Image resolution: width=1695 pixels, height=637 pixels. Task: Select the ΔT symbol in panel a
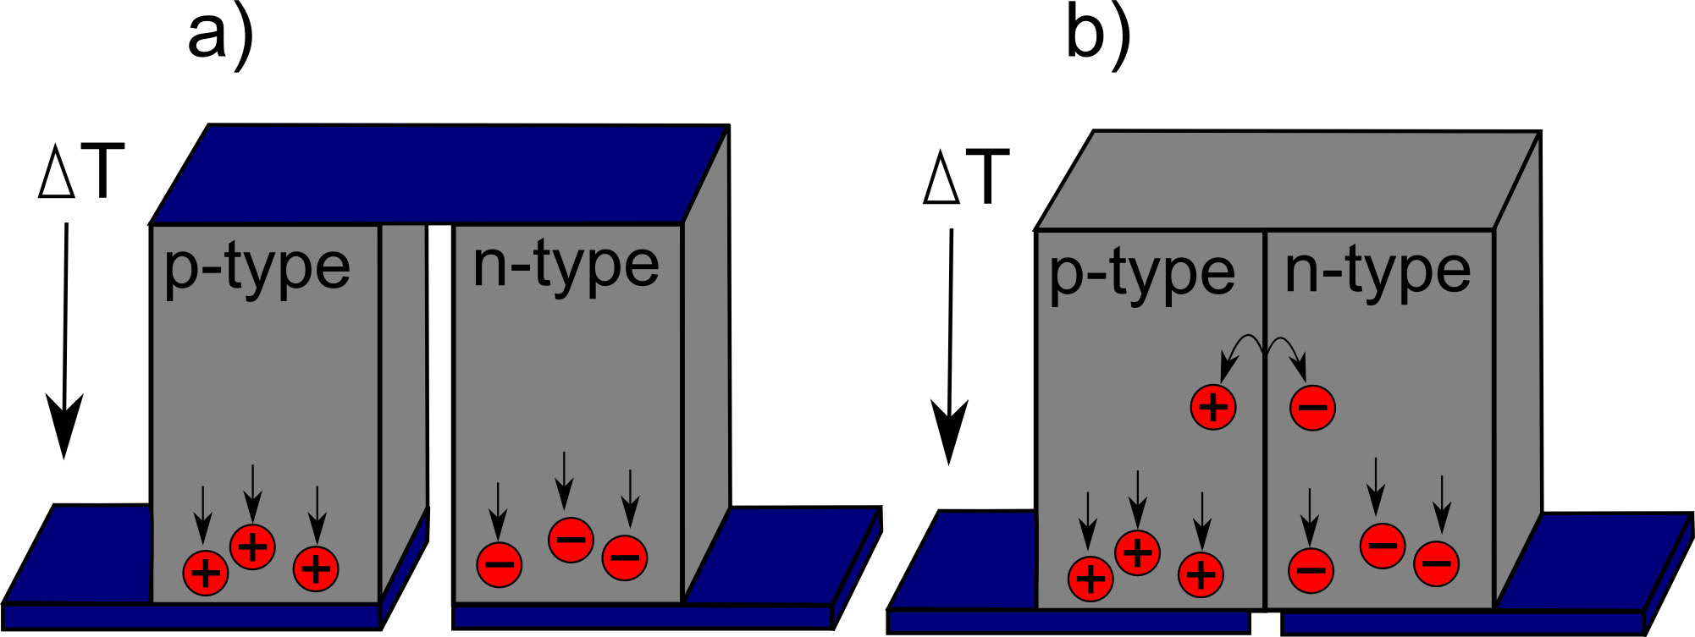click(x=81, y=173)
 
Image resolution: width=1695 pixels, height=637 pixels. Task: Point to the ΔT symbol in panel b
click(x=966, y=178)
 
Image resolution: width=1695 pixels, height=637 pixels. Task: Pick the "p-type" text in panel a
click(x=257, y=268)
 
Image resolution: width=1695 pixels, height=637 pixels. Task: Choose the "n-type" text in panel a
click(x=566, y=266)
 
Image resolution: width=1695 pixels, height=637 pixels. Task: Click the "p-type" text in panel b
click(x=1141, y=274)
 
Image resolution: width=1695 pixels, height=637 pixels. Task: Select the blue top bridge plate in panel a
click(x=440, y=173)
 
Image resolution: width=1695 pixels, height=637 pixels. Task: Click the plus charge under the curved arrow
click(x=1213, y=407)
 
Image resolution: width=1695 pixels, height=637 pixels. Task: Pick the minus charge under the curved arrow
click(x=1312, y=407)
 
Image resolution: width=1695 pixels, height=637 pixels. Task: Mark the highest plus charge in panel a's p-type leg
click(x=252, y=546)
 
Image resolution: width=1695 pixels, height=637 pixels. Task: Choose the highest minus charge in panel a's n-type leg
click(x=571, y=539)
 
